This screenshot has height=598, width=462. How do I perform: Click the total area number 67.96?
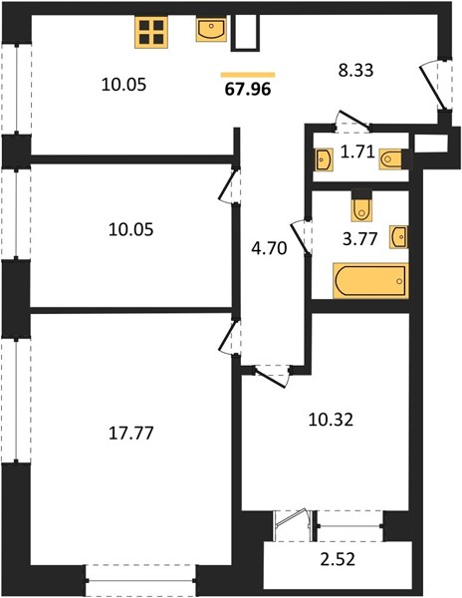coord(248,90)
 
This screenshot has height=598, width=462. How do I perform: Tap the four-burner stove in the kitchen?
coord(151,33)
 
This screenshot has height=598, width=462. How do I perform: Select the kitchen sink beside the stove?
coord(211,29)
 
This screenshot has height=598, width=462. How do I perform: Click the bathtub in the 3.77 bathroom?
coord(370,280)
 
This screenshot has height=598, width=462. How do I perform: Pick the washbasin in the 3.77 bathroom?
coord(399,237)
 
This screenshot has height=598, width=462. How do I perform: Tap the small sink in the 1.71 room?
coord(324,159)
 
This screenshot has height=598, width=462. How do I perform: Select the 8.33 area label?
coord(355,71)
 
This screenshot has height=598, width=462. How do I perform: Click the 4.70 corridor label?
coord(269,248)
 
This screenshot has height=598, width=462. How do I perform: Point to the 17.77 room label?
coord(131,434)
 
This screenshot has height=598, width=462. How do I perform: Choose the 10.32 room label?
coord(331,420)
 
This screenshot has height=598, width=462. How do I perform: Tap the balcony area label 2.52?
coord(338,559)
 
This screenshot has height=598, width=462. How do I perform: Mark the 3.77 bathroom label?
coord(359,239)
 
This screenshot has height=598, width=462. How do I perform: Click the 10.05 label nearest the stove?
coord(123,85)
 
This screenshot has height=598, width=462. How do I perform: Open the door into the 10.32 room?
coord(271,376)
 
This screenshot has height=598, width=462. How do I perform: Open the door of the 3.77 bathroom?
coord(302,237)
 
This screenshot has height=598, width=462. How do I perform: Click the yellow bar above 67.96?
coord(248,75)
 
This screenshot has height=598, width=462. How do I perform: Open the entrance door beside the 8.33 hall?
coord(433,87)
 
